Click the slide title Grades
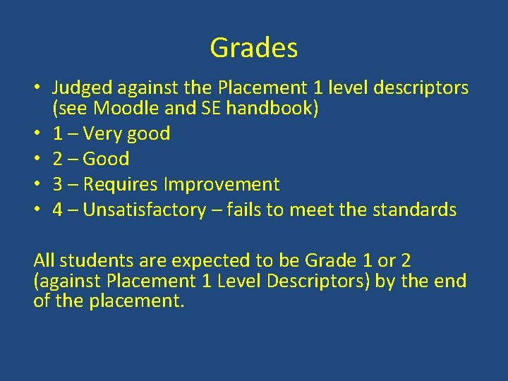(254, 48)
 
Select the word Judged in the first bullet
(82, 89)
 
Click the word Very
(99, 134)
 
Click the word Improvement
(222, 185)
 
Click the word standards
(416, 210)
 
